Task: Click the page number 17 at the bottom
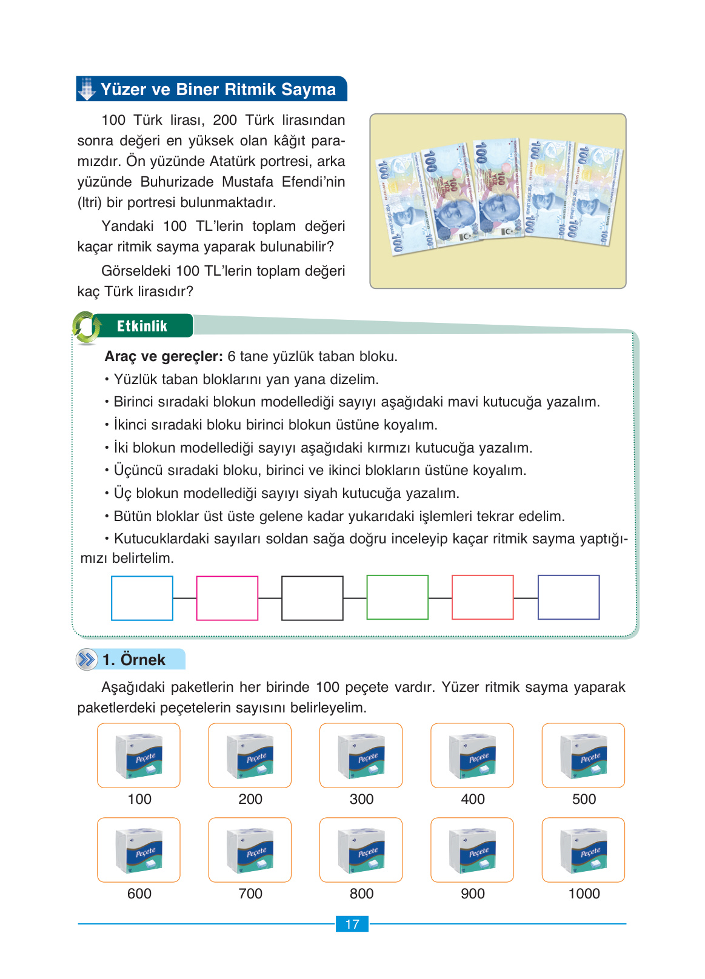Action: [x=352, y=924]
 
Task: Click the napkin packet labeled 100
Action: [x=139, y=755]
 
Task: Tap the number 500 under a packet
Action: [x=584, y=799]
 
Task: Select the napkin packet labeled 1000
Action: [x=583, y=850]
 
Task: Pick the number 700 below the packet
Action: [x=250, y=894]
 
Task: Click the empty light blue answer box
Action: [x=142, y=598]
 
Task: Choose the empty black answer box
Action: [x=312, y=598]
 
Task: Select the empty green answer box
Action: [x=398, y=597]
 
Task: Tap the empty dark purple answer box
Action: [x=569, y=597]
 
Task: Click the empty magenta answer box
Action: [x=227, y=598]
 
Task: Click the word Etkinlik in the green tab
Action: [x=142, y=326]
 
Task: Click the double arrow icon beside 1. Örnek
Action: [x=87, y=659]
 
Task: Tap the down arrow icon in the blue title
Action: [x=87, y=89]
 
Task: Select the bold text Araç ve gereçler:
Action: [x=164, y=356]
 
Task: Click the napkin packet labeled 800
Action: [x=361, y=850]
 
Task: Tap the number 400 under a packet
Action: [x=473, y=799]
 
